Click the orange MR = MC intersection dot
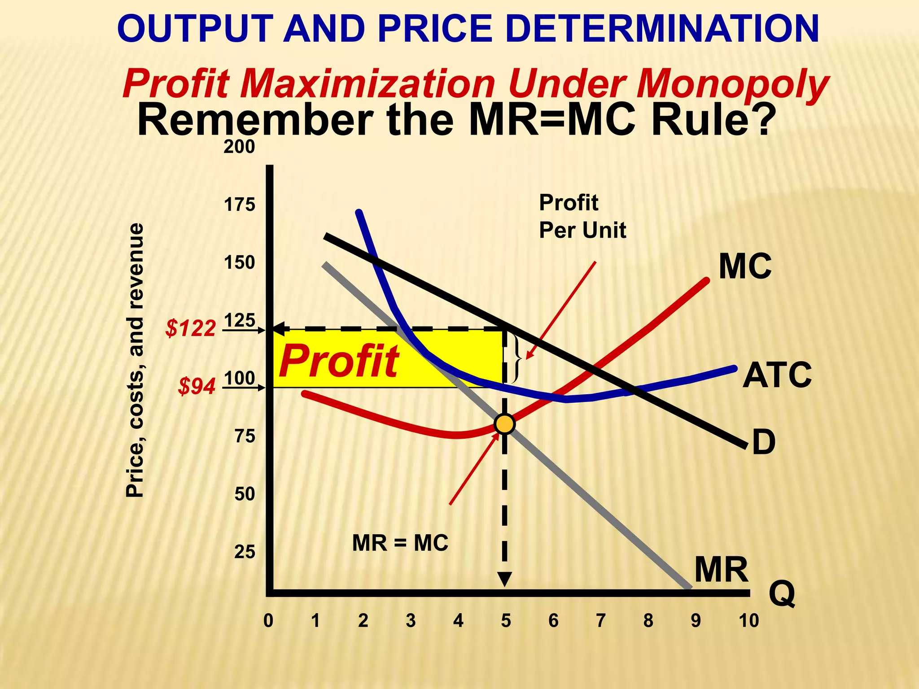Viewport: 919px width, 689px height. (504, 424)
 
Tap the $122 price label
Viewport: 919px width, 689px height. (191, 328)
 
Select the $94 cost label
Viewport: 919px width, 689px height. (197, 386)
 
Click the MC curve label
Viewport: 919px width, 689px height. (745, 266)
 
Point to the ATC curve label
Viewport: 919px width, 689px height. (777, 375)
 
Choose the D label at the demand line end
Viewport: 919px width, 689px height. (764, 442)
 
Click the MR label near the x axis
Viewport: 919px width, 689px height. (721, 570)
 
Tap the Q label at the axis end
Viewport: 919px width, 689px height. (782, 593)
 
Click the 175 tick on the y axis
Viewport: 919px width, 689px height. (240, 205)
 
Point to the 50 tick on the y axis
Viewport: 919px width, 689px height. (245, 494)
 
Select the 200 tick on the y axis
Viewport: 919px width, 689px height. (240, 147)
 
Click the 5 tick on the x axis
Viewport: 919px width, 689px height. (506, 621)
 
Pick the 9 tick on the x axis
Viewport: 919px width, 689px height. (696, 621)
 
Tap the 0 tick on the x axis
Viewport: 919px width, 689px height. (268, 621)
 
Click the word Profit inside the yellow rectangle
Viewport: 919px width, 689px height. (339, 362)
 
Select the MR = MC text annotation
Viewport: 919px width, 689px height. (400, 543)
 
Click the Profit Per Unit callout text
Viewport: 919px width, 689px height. (582, 217)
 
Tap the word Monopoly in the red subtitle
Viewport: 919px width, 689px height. (732, 84)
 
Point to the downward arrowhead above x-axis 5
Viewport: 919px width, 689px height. (505, 579)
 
